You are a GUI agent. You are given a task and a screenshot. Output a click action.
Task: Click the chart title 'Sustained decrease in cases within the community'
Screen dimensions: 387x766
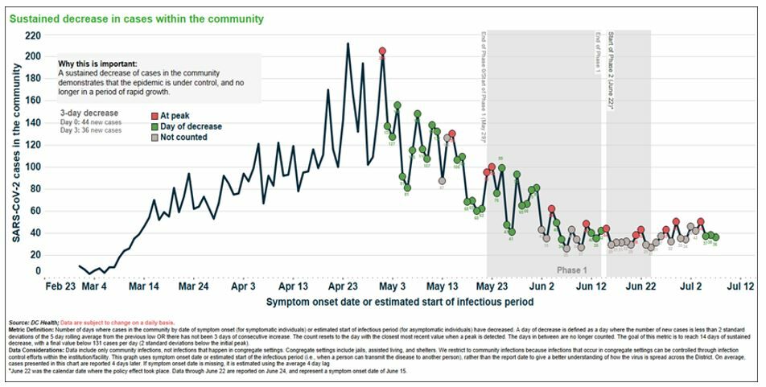pos(137,19)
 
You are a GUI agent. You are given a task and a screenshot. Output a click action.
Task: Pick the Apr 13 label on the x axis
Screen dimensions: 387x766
pos(293,286)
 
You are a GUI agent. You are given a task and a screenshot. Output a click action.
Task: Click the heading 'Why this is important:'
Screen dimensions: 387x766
pos(97,64)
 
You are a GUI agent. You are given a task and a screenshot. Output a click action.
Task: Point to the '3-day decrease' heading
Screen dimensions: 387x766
pos(89,113)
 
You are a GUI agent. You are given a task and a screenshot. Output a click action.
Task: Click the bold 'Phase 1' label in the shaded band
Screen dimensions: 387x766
pos(573,270)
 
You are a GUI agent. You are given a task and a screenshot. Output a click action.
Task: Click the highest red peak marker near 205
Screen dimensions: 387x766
pos(383,51)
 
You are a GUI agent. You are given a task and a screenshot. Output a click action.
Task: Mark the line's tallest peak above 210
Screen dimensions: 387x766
pos(348,43)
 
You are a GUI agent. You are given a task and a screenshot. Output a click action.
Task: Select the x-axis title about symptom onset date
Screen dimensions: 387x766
pos(400,302)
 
